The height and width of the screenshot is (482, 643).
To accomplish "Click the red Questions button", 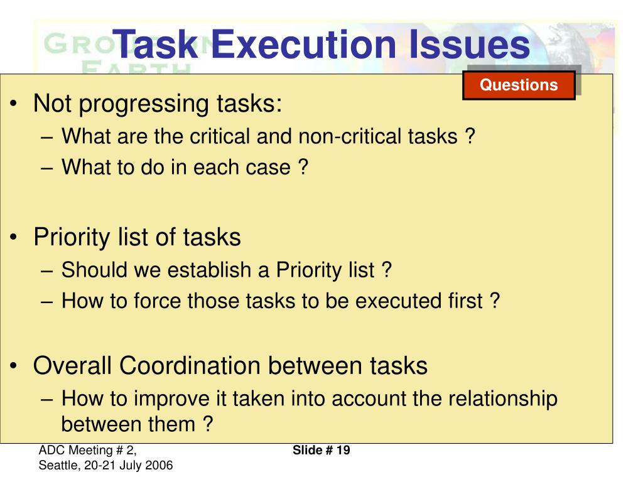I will click(x=519, y=85).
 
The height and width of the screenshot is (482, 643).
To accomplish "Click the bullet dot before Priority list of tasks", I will click(x=15, y=238).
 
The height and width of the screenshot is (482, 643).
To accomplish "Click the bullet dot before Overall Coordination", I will click(x=15, y=367).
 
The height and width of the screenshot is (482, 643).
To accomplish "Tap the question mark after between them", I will click(x=208, y=424).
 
